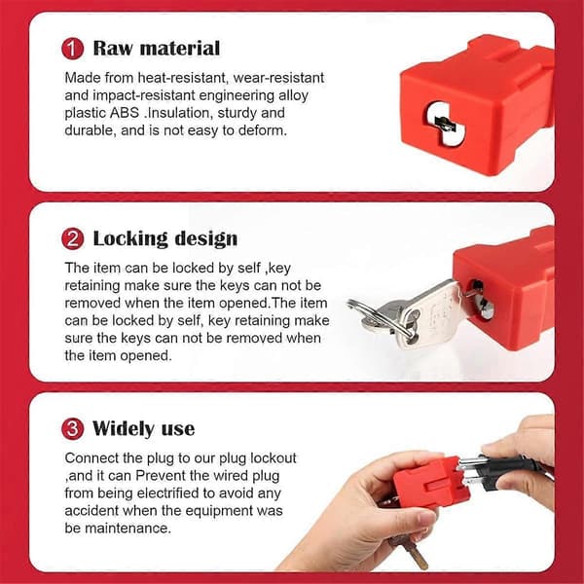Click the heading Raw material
pyautogui.click(x=157, y=49)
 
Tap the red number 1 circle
pyautogui.click(x=73, y=49)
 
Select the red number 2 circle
pyautogui.click(x=73, y=238)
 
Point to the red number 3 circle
pyautogui.click(x=73, y=428)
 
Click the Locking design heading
pyautogui.click(x=165, y=238)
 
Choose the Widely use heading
pyautogui.click(x=143, y=428)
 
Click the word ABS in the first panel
pyautogui.click(x=125, y=113)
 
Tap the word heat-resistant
pyautogui.click(x=183, y=78)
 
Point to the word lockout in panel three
pyautogui.click(x=274, y=458)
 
